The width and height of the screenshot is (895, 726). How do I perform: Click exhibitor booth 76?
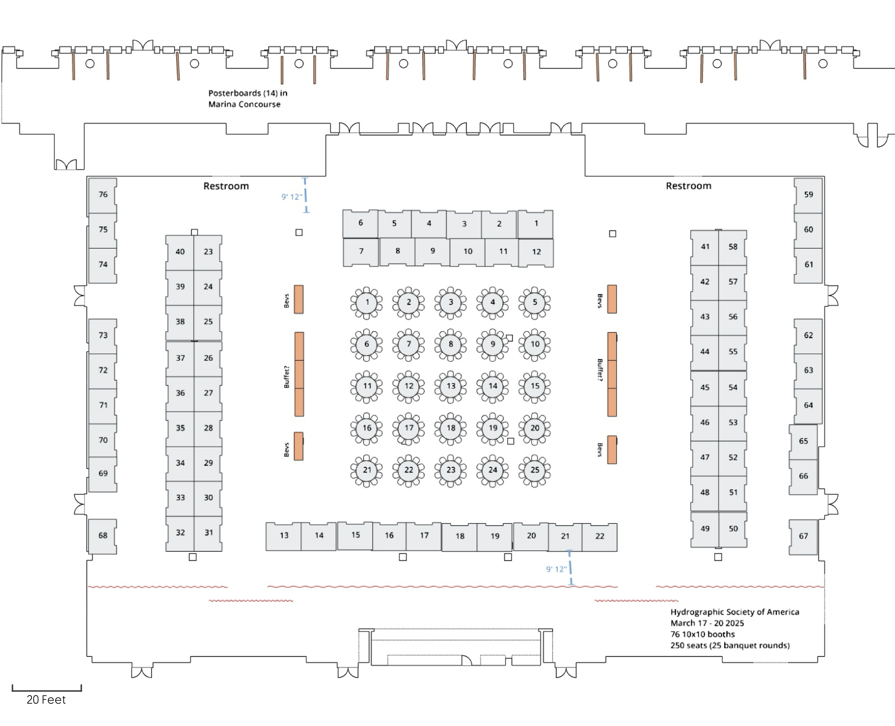pos(102,195)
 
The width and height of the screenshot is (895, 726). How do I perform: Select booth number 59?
pos(808,195)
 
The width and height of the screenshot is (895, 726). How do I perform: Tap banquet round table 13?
pos(451,386)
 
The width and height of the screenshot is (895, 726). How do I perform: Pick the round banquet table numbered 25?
pos(535,470)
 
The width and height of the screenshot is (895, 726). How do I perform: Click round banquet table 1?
pos(367,302)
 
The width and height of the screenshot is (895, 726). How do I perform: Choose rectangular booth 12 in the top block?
pos(536,252)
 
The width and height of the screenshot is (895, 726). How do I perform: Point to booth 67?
pos(803,537)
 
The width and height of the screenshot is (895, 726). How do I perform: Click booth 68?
pos(102,536)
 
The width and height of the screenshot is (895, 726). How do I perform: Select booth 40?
pos(180,252)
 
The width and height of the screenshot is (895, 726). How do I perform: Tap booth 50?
pos(733,529)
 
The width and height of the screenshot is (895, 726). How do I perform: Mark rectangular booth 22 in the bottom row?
pos(600,537)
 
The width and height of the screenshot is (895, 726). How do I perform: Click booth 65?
pos(803,442)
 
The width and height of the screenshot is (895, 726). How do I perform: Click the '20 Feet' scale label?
pos(46,700)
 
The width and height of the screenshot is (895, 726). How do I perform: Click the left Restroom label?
pos(226,186)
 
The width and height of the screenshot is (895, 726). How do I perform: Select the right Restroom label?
pos(688,186)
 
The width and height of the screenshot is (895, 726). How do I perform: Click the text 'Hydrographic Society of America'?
pos(735,612)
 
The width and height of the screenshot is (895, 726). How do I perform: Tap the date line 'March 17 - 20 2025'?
pos(707,623)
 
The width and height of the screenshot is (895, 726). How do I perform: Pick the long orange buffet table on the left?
pos(299,374)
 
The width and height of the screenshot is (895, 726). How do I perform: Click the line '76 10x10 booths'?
pos(702,634)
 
